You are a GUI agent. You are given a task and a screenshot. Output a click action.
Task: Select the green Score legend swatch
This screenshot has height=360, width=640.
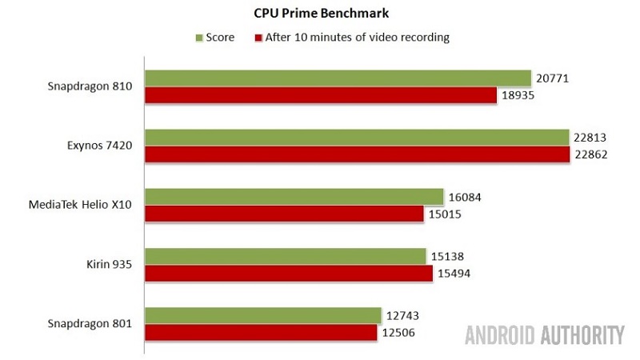pos(199,38)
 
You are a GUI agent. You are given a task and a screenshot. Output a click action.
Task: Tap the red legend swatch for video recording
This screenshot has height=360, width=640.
pos(258,38)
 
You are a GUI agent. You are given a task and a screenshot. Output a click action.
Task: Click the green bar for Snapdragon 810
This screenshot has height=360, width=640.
pos(338,78)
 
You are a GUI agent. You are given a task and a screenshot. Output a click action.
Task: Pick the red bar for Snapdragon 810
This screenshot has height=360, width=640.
pos(320,95)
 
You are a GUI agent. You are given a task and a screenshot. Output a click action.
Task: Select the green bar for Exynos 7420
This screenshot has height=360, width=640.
pos(357,137)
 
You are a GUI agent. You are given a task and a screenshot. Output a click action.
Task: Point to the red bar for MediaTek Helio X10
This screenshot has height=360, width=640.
pos(284,214)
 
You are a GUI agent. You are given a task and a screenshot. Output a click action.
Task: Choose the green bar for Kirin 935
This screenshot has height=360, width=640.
pos(285,256)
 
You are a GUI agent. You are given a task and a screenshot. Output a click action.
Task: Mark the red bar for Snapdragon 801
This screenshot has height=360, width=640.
pos(261,332)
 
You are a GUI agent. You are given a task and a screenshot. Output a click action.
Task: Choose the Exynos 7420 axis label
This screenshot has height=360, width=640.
pos(100,146)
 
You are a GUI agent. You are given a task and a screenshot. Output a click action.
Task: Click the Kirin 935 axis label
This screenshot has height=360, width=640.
pos(110,264)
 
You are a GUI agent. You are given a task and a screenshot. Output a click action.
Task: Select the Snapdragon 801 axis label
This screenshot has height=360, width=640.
pos(90,323)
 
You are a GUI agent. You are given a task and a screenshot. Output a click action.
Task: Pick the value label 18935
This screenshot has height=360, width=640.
pos(518,95)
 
